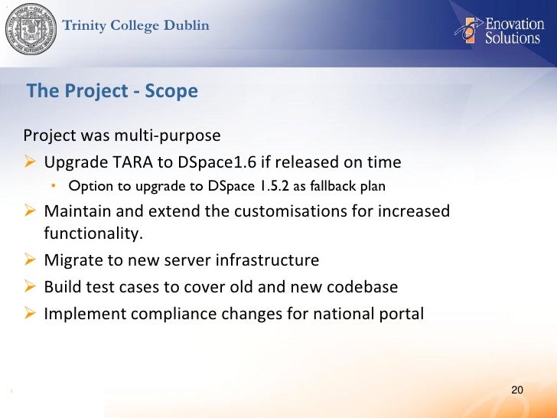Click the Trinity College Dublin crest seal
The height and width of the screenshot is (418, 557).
(x=31, y=31)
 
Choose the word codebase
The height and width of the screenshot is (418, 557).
(x=362, y=286)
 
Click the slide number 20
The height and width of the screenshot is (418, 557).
(x=516, y=391)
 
